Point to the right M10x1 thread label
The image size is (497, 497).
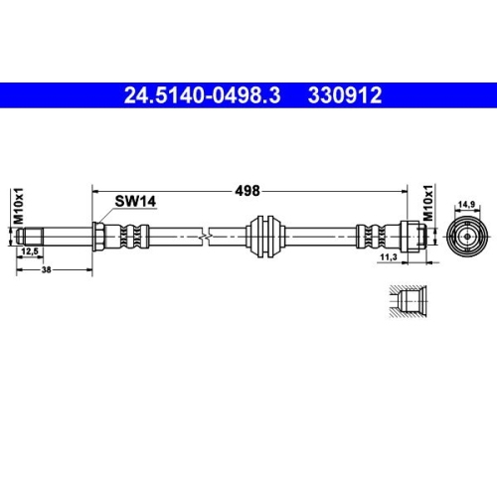(427, 203)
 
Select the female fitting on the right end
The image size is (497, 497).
(418, 237)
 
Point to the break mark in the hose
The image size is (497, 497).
(203, 237)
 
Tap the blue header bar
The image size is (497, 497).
(248, 96)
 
